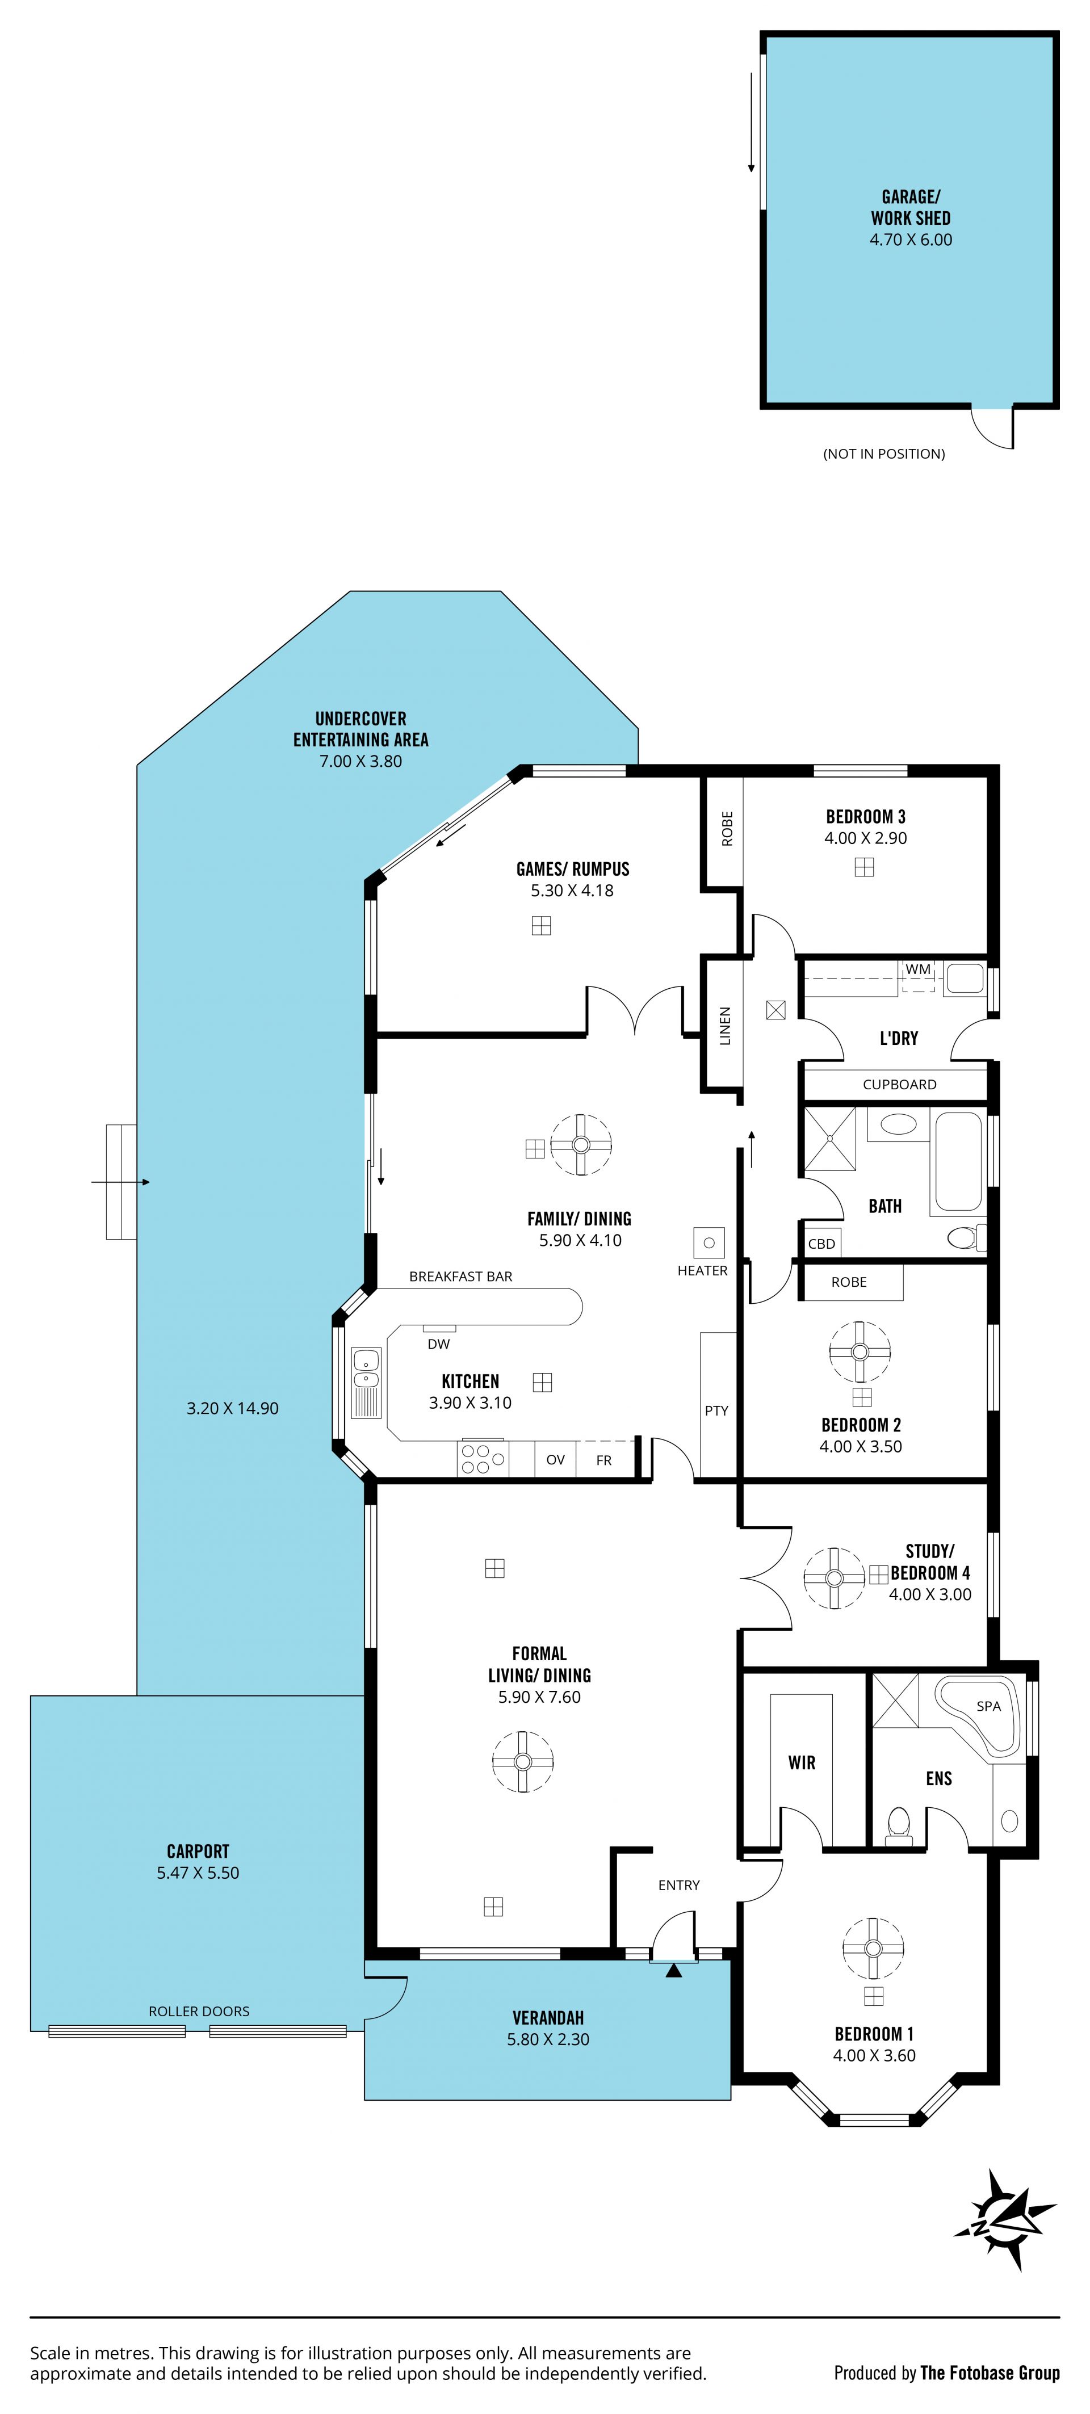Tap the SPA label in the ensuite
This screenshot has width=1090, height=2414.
tap(989, 1706)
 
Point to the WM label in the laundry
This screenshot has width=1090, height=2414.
tap(917, 969)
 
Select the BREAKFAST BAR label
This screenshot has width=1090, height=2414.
tap(460, 1277)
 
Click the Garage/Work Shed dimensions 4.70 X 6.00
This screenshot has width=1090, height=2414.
tap(910, 240)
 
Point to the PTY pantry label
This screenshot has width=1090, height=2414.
tap(716, 1410)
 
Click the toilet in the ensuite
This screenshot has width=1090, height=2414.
tap(899, 1825)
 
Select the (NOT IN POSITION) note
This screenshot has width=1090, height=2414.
tap(884, 454)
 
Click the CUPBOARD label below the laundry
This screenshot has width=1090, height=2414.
tap(899, 1084)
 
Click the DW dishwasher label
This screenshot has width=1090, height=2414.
tap(439, 1344)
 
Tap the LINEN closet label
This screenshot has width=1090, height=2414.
tap(724, 1026)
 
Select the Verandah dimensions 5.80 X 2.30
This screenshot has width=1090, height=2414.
tap(548, 2039)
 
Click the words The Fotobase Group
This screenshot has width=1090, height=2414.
tap(990, 2373)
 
